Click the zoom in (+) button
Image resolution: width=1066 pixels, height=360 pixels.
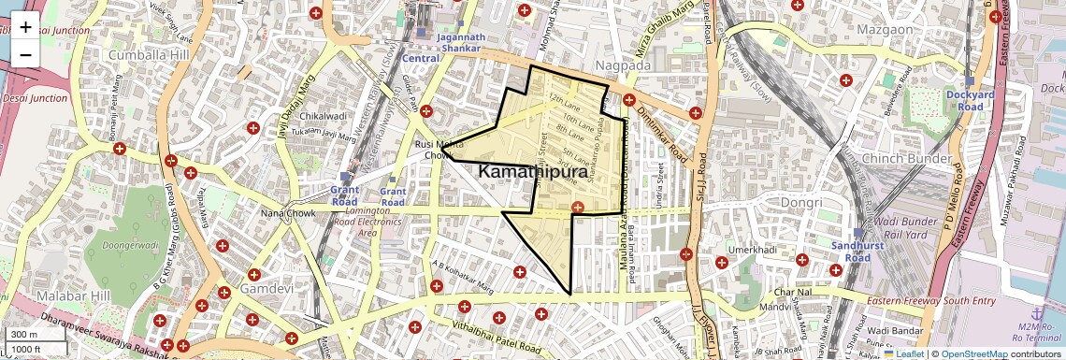click(25, 27)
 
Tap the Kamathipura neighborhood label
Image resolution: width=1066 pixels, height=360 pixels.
click(538, 173)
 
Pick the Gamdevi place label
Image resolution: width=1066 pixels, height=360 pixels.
click(266, 291)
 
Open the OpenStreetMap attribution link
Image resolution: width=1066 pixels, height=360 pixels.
click(973, 353)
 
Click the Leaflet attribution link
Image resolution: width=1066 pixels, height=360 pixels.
click(906, 353)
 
